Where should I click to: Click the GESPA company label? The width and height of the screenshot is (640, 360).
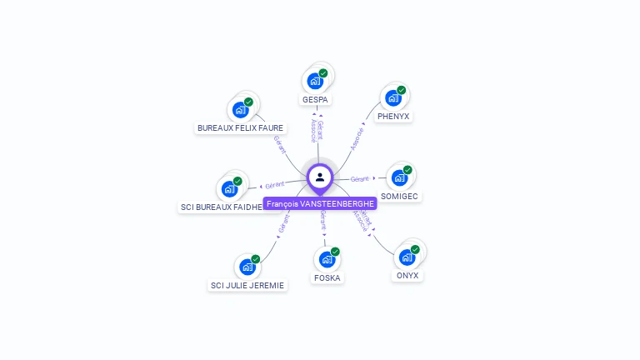pos(316,100)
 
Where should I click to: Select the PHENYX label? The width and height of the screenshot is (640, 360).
pos(393,117)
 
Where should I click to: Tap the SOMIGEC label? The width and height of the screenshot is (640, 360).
pos(400,197)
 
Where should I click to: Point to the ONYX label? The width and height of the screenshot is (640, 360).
pos(408,276)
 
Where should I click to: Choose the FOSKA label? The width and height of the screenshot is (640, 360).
pos(327,277)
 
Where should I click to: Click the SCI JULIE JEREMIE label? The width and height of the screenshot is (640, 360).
pos(247,285)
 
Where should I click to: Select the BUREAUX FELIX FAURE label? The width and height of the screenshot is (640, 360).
pos(240,128)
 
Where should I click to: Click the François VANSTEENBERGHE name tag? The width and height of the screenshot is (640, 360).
pos(320,203)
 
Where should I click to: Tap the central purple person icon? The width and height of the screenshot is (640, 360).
pos(320,177)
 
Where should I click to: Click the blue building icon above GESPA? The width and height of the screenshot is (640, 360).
pos(315,81)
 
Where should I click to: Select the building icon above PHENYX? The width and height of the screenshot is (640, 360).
pos(392,97)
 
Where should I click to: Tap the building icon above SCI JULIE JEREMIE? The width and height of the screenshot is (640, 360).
pos(247,267)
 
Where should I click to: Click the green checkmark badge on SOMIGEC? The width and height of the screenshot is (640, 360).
pos(407,170)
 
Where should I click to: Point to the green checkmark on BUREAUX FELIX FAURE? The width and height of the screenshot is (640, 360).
pos(248,102)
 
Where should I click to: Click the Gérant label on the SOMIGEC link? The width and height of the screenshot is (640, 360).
pos(359,179)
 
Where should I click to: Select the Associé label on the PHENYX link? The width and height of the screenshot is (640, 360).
pos(357,138)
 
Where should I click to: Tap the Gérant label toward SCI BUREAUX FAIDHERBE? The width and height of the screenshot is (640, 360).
pos(275,184)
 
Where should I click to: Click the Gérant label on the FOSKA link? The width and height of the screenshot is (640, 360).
pos(322,221)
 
